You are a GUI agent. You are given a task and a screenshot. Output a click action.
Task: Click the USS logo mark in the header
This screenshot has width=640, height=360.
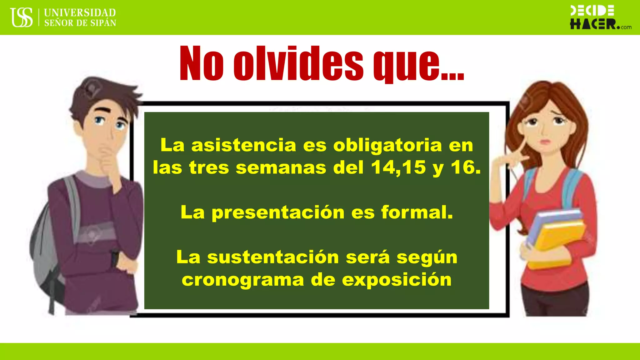[x=22, y=17]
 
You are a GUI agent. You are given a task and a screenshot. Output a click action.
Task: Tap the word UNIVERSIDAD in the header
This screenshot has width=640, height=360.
[x=80, y=13]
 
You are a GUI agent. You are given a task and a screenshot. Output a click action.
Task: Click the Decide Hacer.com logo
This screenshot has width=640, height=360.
[x=600, y=17]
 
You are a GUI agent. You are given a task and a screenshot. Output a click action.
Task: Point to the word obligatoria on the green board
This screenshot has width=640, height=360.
[x=387, y=146]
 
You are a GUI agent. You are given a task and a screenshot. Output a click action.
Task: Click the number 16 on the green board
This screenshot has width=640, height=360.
[x=465, y=168]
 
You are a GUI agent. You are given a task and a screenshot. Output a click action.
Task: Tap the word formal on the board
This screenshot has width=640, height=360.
[x=417, y=212]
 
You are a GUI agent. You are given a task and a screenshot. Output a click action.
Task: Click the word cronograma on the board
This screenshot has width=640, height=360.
[x=243, y=280]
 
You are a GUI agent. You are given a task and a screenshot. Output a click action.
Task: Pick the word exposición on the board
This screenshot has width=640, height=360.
[x=397, y=280]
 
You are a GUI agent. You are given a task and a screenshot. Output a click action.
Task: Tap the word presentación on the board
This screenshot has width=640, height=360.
[x=278, y=212]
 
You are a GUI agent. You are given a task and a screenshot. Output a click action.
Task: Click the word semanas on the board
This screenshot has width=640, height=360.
[x=281, y=168]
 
